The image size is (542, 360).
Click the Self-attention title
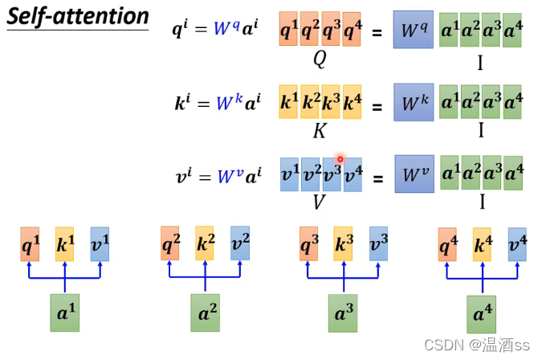(78, 17)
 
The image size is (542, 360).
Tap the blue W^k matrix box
(413, 102)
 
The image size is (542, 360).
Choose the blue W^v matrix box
(413, 174)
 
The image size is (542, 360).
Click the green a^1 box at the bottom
(65, 313)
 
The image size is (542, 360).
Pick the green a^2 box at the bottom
(205, 313)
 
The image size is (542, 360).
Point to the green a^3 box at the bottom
(343, 313)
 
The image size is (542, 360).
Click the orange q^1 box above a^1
(31, 243)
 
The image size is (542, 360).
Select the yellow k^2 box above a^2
(205, 243)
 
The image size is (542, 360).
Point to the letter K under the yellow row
(319, 130)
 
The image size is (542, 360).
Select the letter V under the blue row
(319, 202)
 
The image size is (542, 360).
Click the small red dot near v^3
(340, 159)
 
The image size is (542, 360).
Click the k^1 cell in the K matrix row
(288, 102)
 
